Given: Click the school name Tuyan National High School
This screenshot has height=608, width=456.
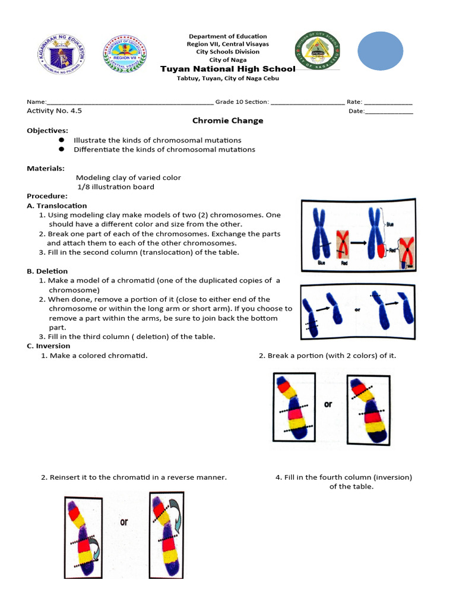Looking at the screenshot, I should [x=227, y=69].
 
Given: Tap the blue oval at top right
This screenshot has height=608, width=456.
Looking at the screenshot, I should [x=380, y=52].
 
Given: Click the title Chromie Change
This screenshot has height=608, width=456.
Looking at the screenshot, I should [x=227, y=121].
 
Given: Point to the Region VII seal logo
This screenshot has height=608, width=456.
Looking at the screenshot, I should [x=125, y=53].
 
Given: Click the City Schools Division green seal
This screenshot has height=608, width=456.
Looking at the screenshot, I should [x=318, y=52].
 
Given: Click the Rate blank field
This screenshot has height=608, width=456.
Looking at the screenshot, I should [x=388, y=102].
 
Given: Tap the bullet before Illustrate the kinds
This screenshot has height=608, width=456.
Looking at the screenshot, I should [x=61, y=140].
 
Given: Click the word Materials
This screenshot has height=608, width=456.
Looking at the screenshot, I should [x=45, y=168].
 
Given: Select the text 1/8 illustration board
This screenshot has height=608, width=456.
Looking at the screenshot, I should [x=116, y=187].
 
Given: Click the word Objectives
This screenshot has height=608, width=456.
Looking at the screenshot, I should [x=47, y=130].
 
